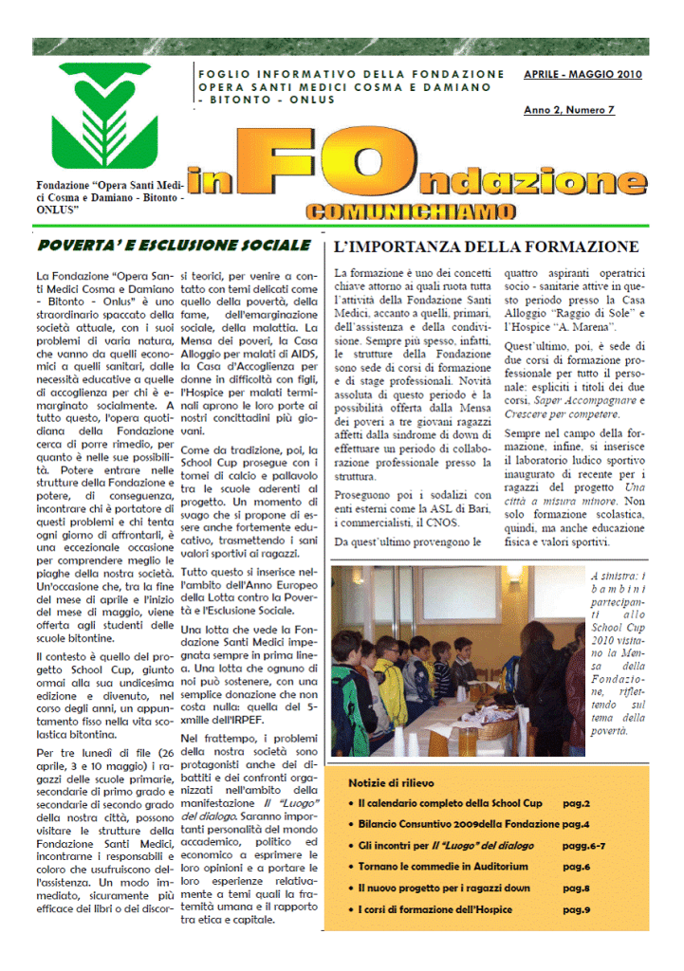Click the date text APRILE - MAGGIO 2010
[x=582, y=74]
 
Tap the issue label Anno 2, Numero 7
[x=569, y=110]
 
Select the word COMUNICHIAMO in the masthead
[x=411, y=211]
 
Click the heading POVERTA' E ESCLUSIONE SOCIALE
[x=174, y=246]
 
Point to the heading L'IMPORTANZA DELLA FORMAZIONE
[x=486, y=247]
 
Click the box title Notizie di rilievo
[x=391, y=783]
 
